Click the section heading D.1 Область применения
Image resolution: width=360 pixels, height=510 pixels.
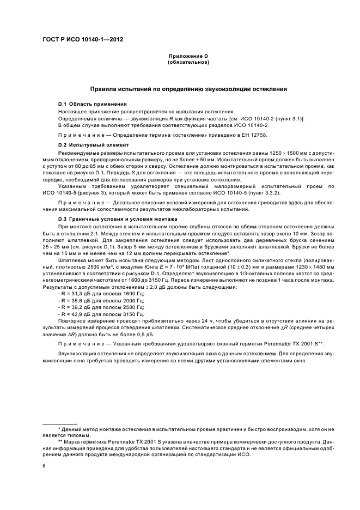(x=93, y=104)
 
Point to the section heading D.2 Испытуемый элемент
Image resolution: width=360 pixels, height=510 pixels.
(x=93, y=145)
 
